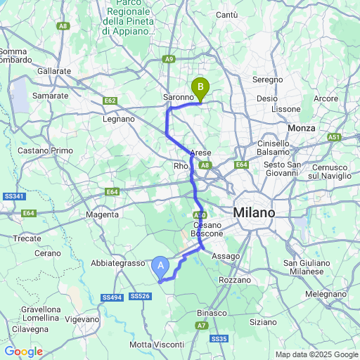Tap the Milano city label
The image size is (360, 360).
(x=255, y=212)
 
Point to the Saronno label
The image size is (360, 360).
(x=178, y=96)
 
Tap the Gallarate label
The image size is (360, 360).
(x=54, y=72)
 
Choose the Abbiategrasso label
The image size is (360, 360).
(x=117, y=262)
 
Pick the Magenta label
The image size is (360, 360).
(x=102, y=214)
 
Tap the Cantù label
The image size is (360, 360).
(x=227, y=15)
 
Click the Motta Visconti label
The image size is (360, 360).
(x=157, y=345)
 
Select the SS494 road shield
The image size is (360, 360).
(x=112, y=297)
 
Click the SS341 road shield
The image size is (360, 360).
(x=13, y=196)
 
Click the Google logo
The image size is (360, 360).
(x=23, y=352)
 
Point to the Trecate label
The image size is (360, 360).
(x=28, y=238)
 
